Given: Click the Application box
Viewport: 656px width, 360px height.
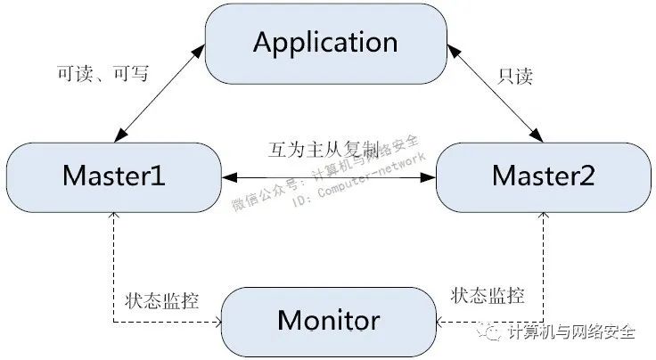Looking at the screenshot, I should pyautogui.click(x=325, y=43).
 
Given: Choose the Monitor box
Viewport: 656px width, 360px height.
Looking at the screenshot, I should pyautogui.click(x=328, y=319).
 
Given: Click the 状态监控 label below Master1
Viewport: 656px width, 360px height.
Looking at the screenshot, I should pyautogui.click(x=161, y=299).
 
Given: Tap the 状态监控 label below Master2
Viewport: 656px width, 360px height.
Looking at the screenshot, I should pyautogui.click(x=487, y=295).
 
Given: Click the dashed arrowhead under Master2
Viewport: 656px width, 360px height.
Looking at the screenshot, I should pyautogui.click(x=543, y=218).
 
